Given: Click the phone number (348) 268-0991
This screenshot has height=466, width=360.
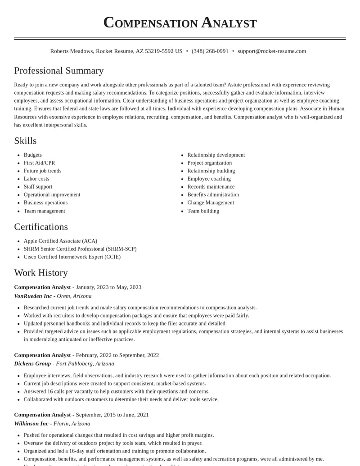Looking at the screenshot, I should tap(210, 51).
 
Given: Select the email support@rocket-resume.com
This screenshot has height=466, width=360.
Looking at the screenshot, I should tap(272, 51).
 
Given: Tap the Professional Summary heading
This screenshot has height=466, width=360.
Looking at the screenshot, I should tap(59, 71).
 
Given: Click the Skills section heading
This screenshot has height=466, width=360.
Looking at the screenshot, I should tap(25, 141).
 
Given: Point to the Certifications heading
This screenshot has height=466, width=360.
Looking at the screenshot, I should tap(41, 227).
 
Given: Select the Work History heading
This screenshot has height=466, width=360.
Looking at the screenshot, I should tap(41, 273).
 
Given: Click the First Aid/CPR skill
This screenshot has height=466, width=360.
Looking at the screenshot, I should tap(40, 163).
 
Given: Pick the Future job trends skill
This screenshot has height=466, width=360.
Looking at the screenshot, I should tap(43, 171).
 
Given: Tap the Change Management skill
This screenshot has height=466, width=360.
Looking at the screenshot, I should tap(211, 203).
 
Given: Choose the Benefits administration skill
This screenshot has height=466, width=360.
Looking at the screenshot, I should tap(213, 195).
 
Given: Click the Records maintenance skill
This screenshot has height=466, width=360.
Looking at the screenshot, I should tap(211, 187).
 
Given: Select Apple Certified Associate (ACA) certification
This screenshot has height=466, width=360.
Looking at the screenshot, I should tap(60, 241).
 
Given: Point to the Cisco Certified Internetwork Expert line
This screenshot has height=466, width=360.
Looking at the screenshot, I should tap(72, 257).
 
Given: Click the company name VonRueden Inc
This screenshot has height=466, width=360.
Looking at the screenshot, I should tap(33, 296).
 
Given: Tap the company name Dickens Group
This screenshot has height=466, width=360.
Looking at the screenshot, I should tap(32, 364).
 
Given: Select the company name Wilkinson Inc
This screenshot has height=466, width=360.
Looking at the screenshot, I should tap(31, 424).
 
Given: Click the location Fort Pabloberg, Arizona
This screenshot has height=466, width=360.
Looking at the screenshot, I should tap(85, 364).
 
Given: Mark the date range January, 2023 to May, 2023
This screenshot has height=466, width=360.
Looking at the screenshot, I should tap(108, 287).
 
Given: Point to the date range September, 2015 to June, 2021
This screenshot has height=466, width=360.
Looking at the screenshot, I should tap(112, 415).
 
